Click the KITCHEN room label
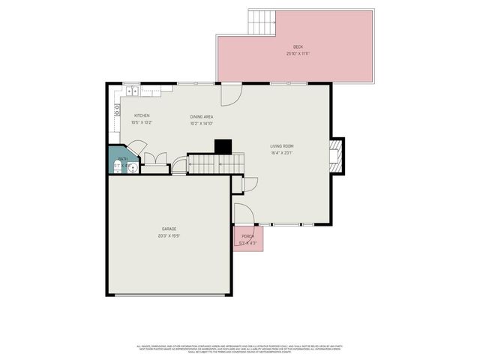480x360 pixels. tap(142, 115)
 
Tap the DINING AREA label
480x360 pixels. tap(202, 116)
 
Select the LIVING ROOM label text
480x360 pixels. tap(282, 145)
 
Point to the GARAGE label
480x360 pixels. tap(169, 229)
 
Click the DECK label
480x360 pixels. tap(298, 46)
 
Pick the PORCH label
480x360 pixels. tap(247, 236)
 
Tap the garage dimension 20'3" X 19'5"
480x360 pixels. tap(169, 236)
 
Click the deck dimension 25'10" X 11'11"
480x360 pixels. tap(298, 54)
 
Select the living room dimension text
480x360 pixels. tap(282, 153)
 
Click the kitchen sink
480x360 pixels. tap(131, 91)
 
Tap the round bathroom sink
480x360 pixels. tap(133, 167)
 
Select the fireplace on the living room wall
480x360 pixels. tap(337, 155)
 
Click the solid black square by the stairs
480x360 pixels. tap(223, 146)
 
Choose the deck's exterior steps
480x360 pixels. tap(262, 22)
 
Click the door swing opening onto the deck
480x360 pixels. tap(230, 95)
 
